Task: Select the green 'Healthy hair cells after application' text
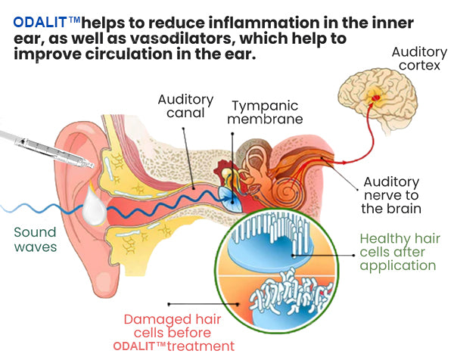(398, 251)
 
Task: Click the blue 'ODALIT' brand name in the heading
(39, 23)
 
